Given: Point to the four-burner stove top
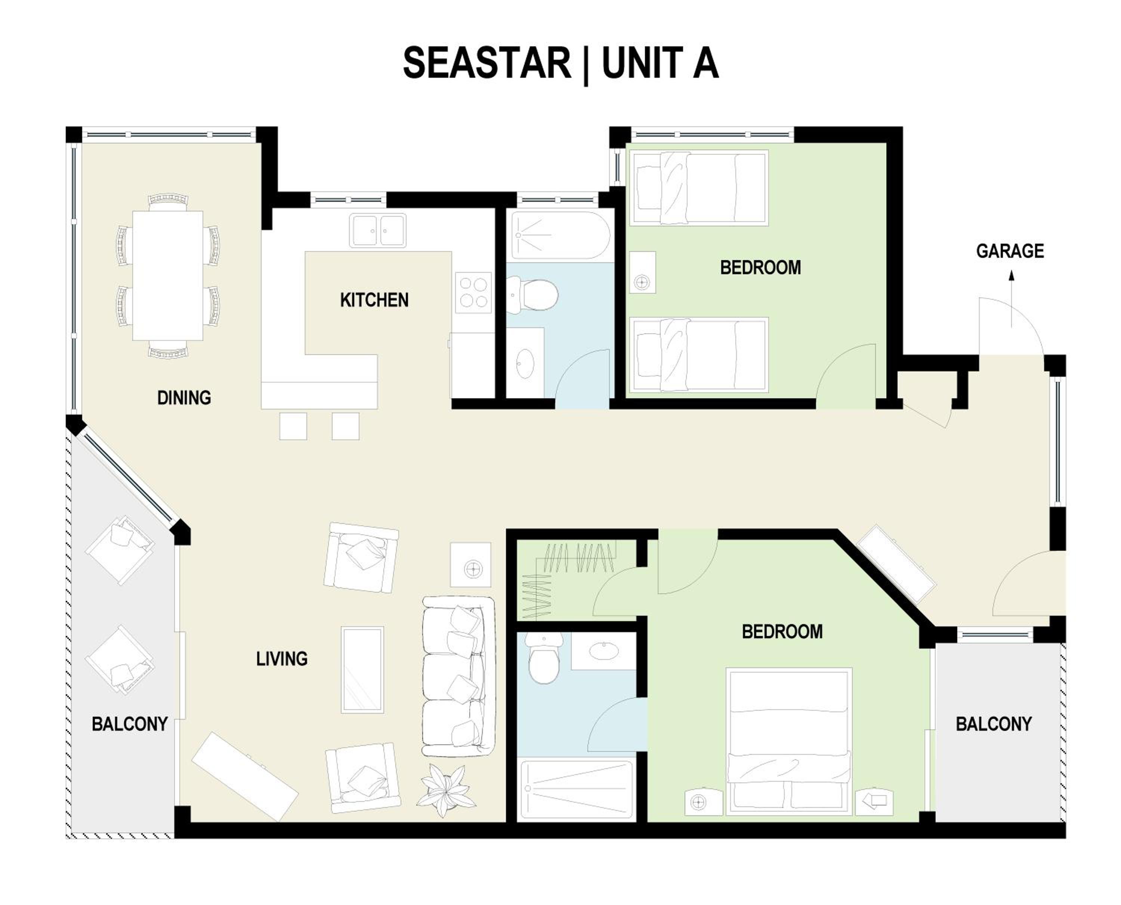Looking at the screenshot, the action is click(473, 293).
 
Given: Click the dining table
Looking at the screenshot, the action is click(168, 275).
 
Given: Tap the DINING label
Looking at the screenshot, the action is click(184, 398).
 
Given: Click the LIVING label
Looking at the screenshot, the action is click(281, 659).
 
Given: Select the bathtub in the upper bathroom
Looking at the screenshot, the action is click(560, 235).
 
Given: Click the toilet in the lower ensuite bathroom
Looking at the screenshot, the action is click(544, 658).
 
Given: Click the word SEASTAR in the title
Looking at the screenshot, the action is click(487, 63).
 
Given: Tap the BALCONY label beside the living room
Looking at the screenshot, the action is click(129, 724).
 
